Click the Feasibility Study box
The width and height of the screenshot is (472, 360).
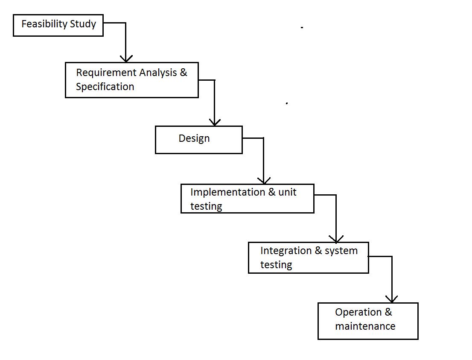(x=58, y=26)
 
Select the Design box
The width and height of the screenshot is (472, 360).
(x=198, y=140)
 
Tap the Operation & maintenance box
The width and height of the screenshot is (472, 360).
(x=367, y=321)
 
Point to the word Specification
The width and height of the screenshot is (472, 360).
(x=105, y=87)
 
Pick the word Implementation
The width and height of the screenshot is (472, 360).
(x=227, y=192)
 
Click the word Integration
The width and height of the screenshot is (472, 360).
(x=286, y=251)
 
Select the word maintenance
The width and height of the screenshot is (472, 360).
(x=365, y=327)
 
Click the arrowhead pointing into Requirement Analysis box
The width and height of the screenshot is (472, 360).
(x=126, y=59)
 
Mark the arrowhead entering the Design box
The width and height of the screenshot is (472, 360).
(x=214, y=122)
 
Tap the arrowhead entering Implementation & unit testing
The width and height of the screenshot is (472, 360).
(x=263, y=180)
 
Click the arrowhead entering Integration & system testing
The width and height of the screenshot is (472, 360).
(x=336, y=239)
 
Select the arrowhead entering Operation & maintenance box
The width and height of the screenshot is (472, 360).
(x=391, y=299)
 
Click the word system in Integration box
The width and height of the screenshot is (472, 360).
(x=341, y=251)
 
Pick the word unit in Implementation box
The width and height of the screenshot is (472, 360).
(x=287, y=192)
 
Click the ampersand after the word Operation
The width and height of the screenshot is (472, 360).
(x=388, y=312)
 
